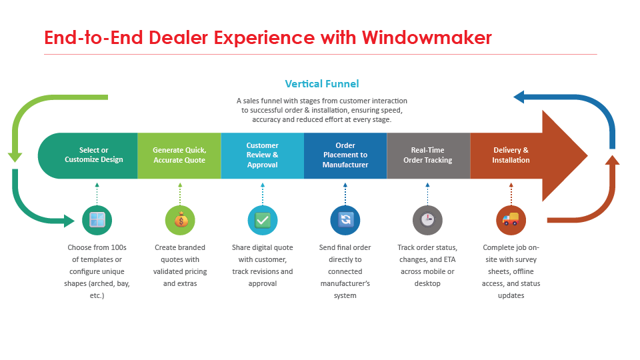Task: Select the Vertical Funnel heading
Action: click(321, 83)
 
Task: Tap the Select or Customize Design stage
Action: click(93, 155)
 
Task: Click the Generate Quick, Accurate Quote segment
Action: click(179, 155)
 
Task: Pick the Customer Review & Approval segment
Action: click(262, 155)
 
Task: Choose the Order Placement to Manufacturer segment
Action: click(345, 155)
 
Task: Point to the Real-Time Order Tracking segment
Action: click(428, 155)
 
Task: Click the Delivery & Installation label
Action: click(511, 155)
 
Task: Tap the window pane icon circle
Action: click(97, 219)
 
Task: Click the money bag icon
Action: click(180, 219)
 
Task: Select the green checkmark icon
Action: click(263, 219)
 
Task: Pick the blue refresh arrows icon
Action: click(345, 219)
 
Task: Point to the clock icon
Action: click(427, 219)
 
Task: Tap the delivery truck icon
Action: click(511, 219)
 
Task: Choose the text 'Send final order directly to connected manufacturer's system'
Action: click(345, 271)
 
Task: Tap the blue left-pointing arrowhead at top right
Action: click(521, 99)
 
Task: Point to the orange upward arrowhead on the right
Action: click(611, 159)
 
